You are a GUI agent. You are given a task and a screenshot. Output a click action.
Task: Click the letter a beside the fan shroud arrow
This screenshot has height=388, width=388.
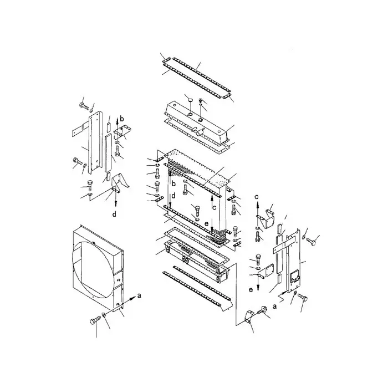point(139,296)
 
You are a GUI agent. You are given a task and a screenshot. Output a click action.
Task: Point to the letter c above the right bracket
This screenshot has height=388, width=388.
point(257,196)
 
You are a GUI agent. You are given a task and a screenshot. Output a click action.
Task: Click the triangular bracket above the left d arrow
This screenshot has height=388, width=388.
point(118,183)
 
